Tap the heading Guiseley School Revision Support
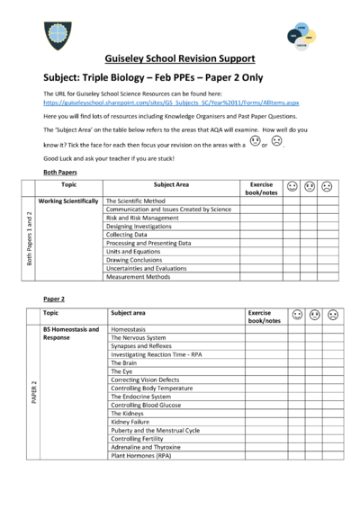point(179,58)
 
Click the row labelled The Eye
point(121,371)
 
